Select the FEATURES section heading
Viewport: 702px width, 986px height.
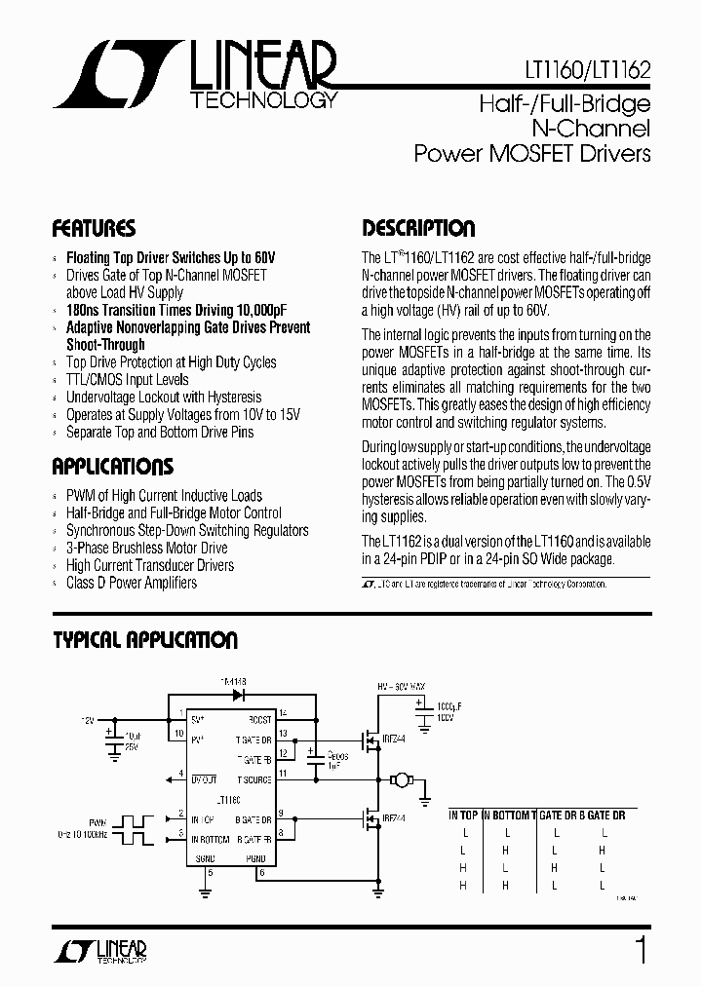click(x=94, y=229)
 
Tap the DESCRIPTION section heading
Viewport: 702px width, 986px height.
click(x=418, y=229)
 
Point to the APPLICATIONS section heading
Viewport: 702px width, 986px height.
click(x=112, y=466)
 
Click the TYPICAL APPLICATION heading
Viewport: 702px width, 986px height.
click(x=144, y=640)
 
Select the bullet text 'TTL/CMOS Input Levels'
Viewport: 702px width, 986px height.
click(x=127, y=380)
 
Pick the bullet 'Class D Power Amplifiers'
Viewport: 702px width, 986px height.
click(x=131, y=583)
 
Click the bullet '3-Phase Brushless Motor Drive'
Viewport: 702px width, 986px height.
click(x=146, y=548)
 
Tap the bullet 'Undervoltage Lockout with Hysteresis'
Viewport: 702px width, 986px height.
click(x=163, y=398)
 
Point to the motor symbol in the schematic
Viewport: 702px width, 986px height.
click(x=400, y=779)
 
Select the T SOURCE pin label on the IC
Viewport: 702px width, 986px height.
click(x=253, y=779)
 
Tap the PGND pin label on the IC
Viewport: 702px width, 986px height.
click(x=256, y=857)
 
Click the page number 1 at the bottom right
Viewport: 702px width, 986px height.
click(x=641, y=950)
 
